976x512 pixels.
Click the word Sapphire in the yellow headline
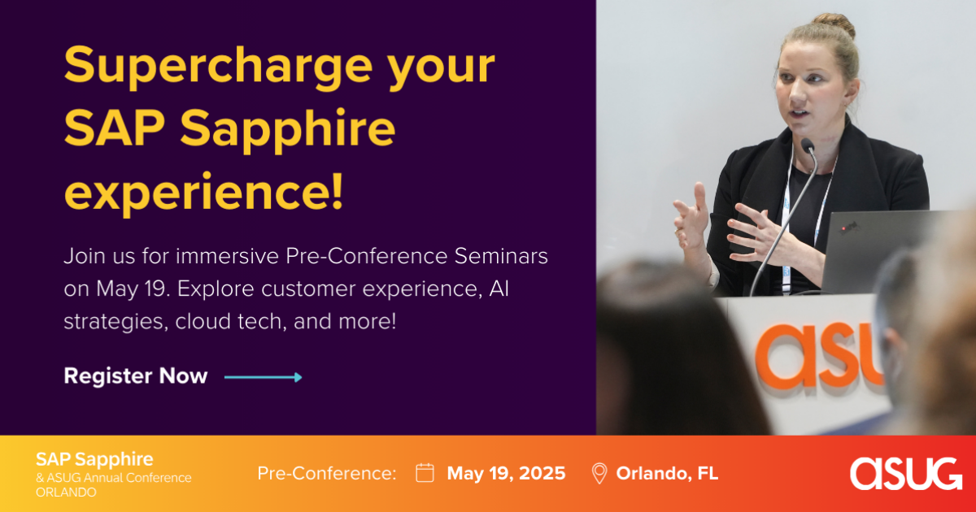[288, 130]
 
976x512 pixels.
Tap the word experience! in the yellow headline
[203, 193]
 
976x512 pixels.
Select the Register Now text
[136, 375]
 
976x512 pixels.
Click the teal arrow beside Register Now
[264, 377]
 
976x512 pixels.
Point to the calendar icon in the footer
[425, 473]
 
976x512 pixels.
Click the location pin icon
[599, 473]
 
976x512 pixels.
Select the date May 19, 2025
[506, 473]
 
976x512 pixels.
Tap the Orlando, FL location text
[667, 473]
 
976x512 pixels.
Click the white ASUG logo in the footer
[906, 474]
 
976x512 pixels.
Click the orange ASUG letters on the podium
[819, 355]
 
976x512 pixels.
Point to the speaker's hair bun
[834, 24]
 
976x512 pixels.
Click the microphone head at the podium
[808, 145]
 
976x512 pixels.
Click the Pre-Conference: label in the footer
[327, 473]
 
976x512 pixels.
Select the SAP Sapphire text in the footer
[94, 459]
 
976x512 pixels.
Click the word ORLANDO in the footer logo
[66, 492]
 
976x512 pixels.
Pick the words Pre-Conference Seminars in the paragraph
[416, 256]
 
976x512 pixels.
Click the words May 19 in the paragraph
[131, 289]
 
